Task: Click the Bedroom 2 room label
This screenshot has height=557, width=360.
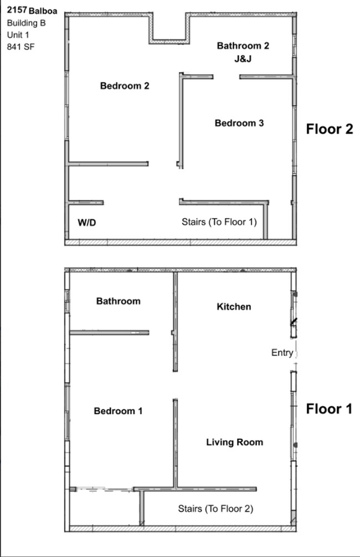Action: coord(125,86)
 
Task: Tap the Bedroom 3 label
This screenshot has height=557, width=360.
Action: coord(239,123)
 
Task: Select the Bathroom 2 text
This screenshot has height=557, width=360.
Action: coord(243,45)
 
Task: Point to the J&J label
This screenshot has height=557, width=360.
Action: coord(243,59)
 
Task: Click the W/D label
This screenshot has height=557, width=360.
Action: coord(87,223)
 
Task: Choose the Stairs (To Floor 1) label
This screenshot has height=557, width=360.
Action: coord(219,222)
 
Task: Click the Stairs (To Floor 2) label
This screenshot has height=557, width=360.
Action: coord(215,508)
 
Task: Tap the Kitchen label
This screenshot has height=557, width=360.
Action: coord(234,307)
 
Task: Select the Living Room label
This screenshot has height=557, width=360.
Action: coord(234,442)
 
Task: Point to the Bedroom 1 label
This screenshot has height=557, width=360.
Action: coord(118,411)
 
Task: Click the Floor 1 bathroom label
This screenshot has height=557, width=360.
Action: coord(118,301)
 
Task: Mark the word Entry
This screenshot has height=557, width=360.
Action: coord(282,353)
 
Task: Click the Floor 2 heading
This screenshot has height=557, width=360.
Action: coord(330,129)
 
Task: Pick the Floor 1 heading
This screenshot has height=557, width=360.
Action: coord(330,409)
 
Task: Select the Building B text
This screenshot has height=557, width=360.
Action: coord(26,23)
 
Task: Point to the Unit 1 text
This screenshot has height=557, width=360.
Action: coord(18,35)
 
